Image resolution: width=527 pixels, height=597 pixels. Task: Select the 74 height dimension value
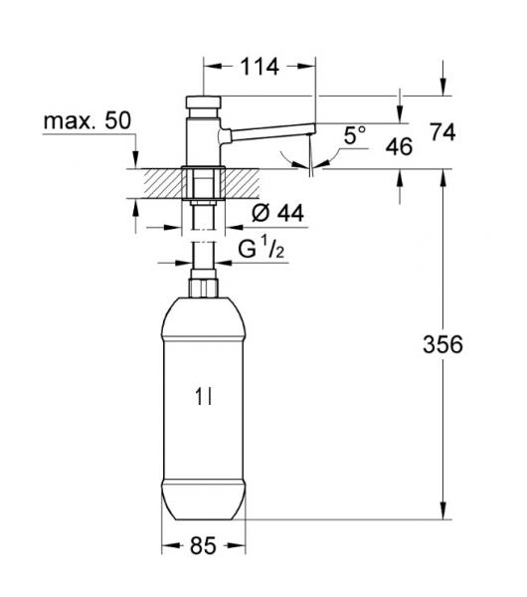445,131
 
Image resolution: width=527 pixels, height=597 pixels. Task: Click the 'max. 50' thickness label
87,121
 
